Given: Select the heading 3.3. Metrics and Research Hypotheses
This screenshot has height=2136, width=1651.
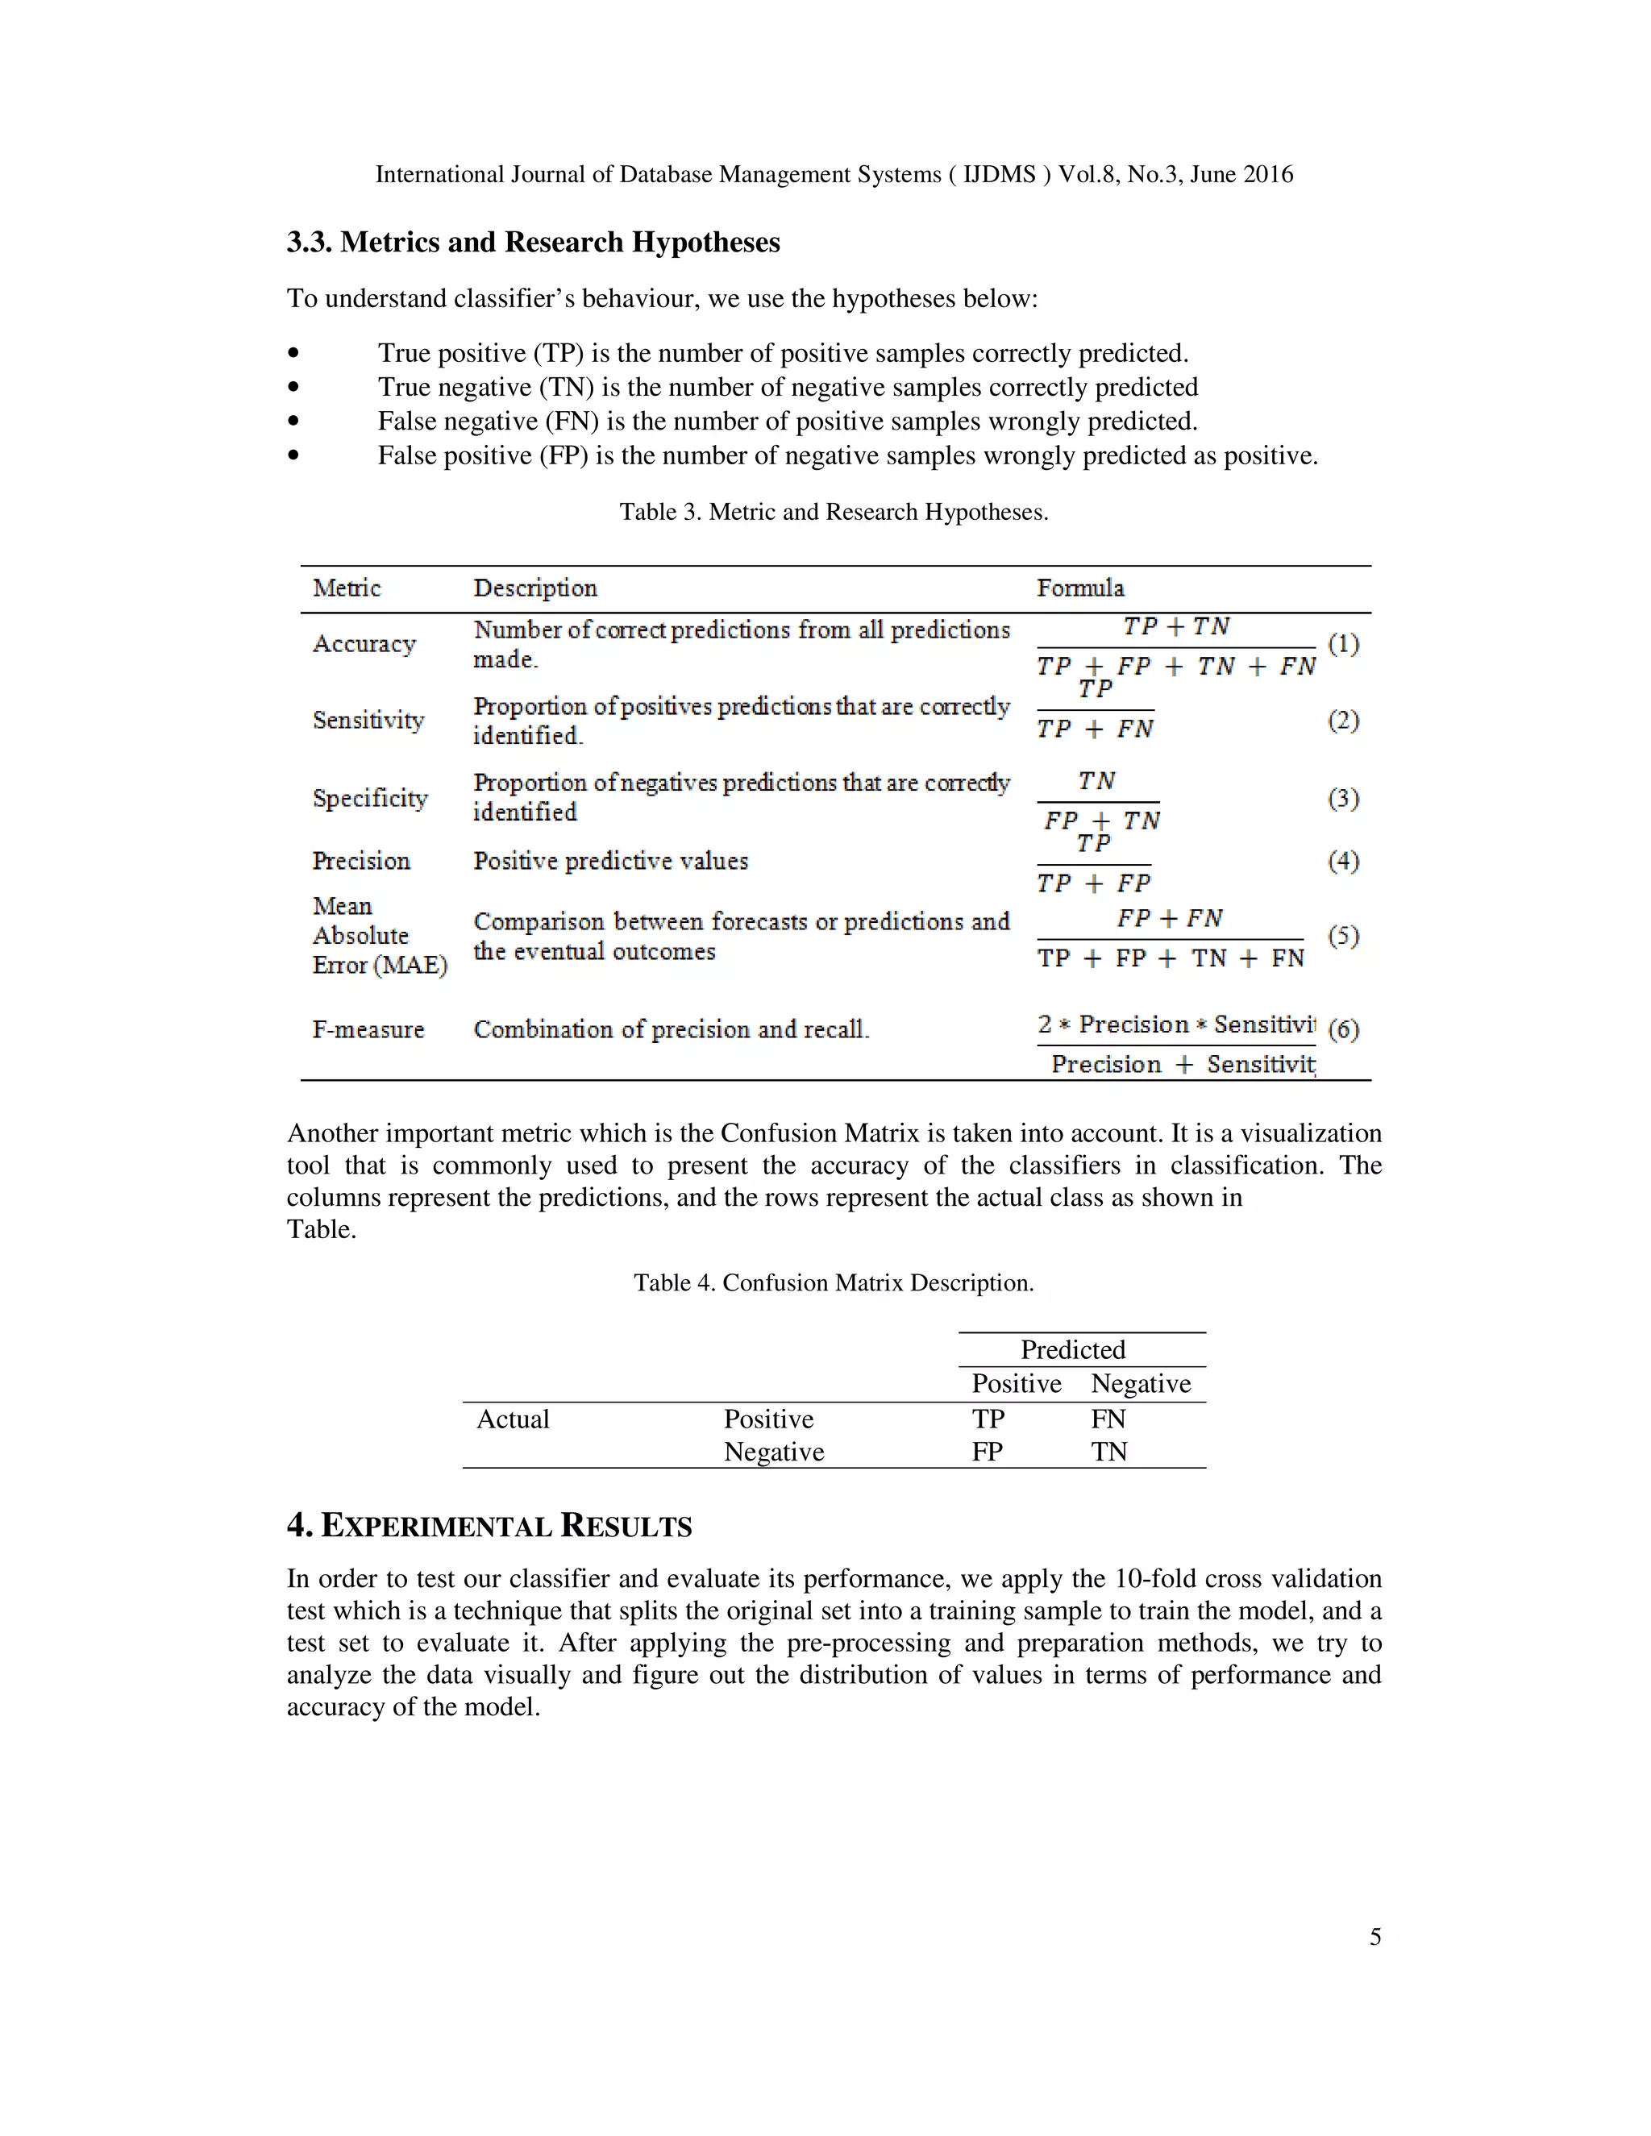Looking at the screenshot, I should point(533,243).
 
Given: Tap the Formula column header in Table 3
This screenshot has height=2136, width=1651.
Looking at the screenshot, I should point(1079,588).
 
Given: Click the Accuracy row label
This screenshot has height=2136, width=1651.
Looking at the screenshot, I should point(364,643).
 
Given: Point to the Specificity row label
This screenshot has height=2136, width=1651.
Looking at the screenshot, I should point(370,798).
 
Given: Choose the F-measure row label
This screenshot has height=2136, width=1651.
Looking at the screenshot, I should point(368,1029).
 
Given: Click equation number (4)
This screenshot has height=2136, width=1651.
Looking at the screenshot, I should point(1343,861).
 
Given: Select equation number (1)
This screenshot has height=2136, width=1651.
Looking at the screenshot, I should point(1343,643).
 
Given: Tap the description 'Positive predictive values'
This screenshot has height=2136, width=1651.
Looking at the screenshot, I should point(610,861).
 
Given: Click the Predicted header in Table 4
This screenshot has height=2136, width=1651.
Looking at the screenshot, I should point(1073,1349).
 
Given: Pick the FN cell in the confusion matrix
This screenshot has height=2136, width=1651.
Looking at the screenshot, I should point(1108,1419).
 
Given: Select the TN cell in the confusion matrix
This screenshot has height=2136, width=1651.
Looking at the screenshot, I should point(1109,1452).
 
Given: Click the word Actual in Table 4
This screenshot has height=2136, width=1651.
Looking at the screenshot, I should point(513,1419).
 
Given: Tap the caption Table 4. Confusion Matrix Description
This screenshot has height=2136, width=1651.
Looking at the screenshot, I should point(834,1282).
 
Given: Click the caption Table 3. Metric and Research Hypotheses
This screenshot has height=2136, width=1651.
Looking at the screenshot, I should point(834,512).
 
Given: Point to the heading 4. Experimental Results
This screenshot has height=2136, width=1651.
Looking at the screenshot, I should point(489,1526).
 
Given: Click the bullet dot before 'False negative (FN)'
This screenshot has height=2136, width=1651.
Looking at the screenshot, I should point(293,422).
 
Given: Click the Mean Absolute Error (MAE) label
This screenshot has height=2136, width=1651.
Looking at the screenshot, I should point(379,935).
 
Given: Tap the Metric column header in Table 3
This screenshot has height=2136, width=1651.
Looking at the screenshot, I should point(346,588).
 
